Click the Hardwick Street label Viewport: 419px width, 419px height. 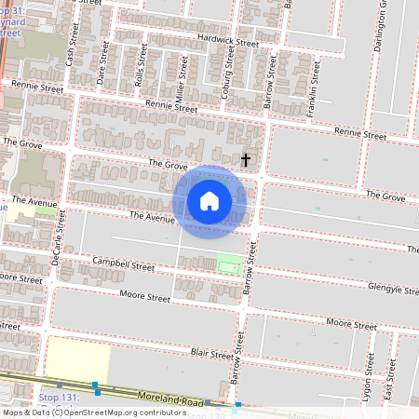coord(228,41)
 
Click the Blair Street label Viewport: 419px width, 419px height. coord(210,354)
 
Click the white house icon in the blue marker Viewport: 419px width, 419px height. coord(209,201)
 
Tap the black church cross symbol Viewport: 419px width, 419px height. coord(246,159)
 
